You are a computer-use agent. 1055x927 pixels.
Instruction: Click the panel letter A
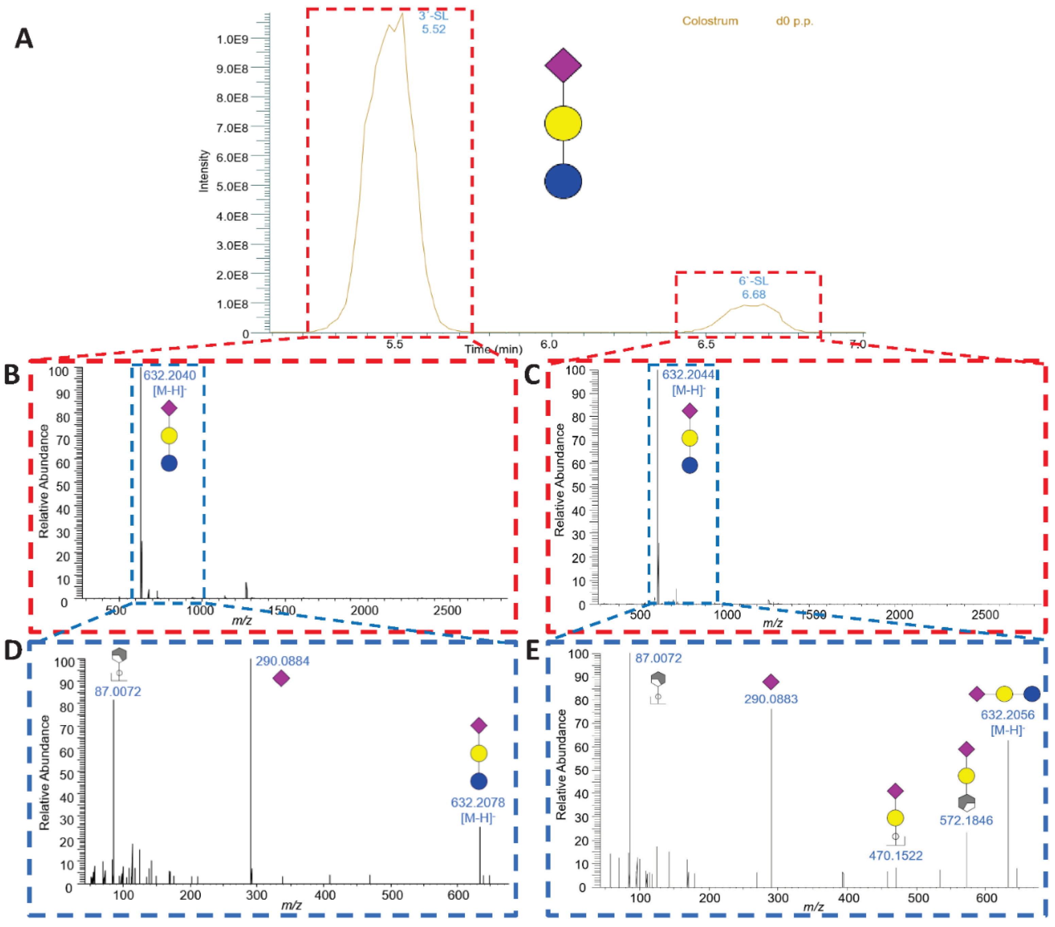(24, 39)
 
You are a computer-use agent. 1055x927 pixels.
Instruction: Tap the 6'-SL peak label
(753, 287)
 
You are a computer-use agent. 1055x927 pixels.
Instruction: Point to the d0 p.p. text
(794, 21)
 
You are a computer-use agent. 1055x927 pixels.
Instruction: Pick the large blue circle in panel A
(563, 181)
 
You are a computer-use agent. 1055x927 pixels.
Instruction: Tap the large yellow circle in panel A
(563, 123)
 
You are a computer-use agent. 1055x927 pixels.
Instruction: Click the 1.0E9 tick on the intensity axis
(232, 39)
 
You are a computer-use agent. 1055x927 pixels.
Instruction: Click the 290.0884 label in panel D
(282, 661)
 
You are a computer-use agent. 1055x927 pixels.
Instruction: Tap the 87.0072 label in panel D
(118, 691)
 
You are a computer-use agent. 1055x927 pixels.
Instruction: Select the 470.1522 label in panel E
(896, 855)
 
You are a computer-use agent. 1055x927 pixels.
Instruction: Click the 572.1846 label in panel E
(966, 820)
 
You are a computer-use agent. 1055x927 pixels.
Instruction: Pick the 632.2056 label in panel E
(1007, 715)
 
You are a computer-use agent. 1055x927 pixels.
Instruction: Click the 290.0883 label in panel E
(771, 699)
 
